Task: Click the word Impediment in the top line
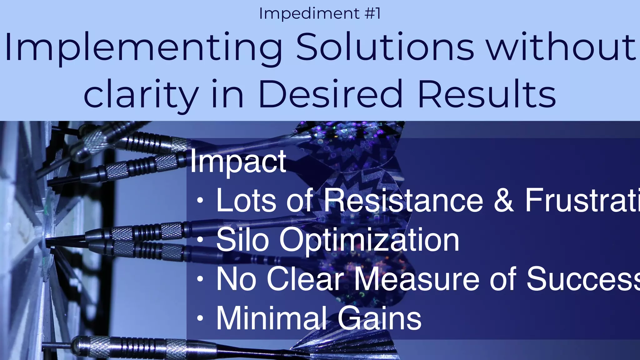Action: point(309,14)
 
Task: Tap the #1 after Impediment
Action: point(372,14)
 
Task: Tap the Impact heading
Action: point(238,162)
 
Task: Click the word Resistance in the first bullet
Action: point(403,200)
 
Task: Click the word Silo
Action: point(242,240)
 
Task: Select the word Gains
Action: point(379,318)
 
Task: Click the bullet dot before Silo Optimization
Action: point(200,240)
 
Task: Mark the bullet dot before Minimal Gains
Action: point(200,318)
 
